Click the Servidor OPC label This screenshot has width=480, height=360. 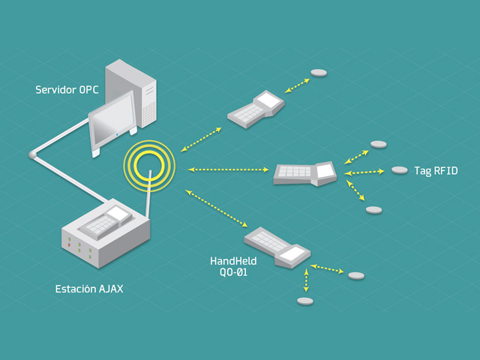click(x=67, y=90)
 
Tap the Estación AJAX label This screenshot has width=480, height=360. click(x=89, y=289)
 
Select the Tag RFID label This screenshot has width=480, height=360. click(x=436, y=170)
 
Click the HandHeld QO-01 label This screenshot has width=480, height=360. click(x=233, y=266)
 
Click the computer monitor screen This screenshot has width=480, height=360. click(x=112, y=120)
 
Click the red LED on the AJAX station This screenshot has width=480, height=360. click(x=69, y=244)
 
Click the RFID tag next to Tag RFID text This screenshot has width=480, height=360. click(x=400, y=170)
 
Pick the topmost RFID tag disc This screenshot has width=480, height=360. click(x=319, y=73)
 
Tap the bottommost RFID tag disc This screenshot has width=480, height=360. click(x=305, y=301)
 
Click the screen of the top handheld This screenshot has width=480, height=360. click(x=269, y=100)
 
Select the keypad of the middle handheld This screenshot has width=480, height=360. click(x=295, y=172)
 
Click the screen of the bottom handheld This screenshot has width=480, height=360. click(x=292, y=253)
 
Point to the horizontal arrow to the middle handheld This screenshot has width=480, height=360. click(x=228, y=169)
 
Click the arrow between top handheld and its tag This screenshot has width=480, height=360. click(x=297, y=85)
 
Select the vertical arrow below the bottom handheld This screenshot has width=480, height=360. click(x=306, y=280)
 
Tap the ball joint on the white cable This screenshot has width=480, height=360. click(x=32, y=155)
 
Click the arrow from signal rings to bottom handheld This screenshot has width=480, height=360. click(x=216, y=208)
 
